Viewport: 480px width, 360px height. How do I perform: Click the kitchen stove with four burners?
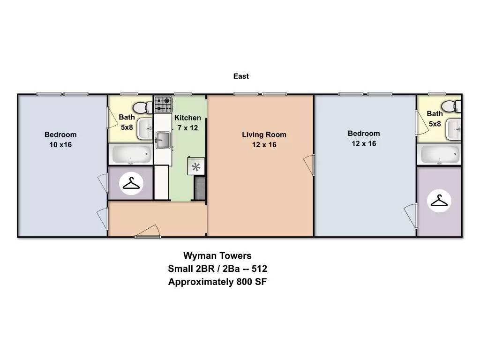tap(163, 105)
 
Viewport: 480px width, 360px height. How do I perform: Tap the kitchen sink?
tap(163, 140)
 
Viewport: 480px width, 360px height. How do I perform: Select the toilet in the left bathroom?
tap(142, 107)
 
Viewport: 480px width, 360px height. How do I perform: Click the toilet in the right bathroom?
tap(451, 106)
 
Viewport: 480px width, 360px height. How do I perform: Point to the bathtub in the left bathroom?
tap(131, 154)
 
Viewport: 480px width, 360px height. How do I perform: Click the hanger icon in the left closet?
tap(131, 183)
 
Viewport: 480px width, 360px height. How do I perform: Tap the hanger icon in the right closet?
tap(439, 201)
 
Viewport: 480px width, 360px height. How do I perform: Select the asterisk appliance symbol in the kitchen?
tap(196, 167)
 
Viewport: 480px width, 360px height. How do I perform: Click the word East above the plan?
tap(241, 76)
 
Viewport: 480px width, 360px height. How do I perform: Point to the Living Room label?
tap(264, 135)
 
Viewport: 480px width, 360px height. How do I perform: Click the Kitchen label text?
tap(187, 118)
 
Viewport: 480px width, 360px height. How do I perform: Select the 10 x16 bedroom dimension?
tap(60, 144)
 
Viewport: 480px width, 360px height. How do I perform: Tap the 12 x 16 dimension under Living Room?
tap(264, 144)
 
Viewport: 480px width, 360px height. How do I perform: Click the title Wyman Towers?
tap(217, 255)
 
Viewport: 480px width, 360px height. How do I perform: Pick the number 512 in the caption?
tap(259, 269)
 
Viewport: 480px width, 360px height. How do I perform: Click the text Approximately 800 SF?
tap(217, 281)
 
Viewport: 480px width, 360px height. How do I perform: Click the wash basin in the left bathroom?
tap(145, 128)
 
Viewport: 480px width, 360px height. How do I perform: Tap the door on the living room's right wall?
tap(309, 165)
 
